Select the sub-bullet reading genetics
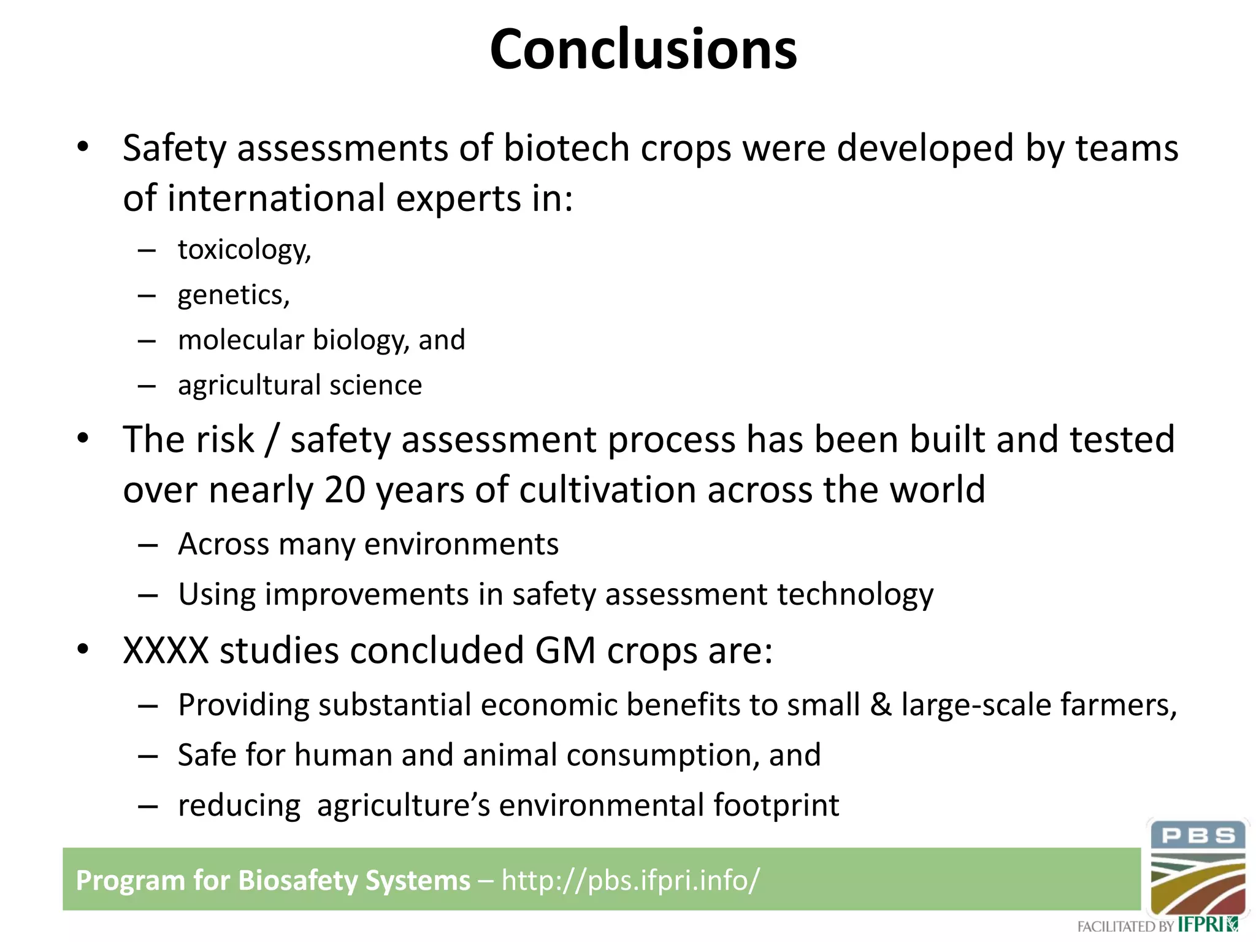(x=233, y=295)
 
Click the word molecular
(x=240, y=340)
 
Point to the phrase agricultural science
(x=299, y=385)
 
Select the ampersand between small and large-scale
(x=881, y=705)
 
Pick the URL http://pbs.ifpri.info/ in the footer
(x=630, y=880)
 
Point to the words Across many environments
(x=368, y=544)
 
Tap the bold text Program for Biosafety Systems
(x=272, y=880)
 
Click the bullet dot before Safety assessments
(x=83, y=147)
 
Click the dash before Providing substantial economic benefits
(x=148, y=706)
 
